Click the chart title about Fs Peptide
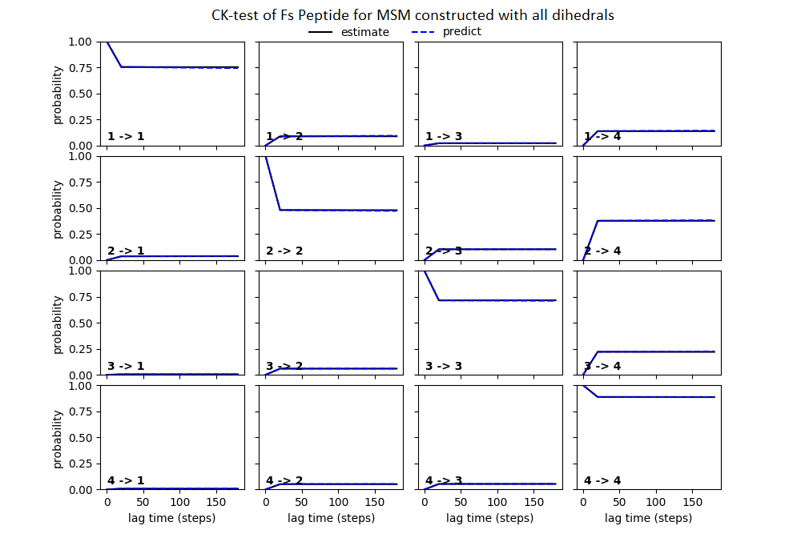[413, 15]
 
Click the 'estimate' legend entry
[364, 32]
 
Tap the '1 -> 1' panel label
[126, 136]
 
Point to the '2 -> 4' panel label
[602, 251]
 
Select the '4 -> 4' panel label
[602, 480]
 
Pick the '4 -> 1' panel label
[126, 480]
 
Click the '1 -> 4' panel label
[602, 136]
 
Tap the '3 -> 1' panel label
[126, 366]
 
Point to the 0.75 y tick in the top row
[83, 67]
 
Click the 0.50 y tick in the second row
[83, 208]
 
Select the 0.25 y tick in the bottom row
[83, 464]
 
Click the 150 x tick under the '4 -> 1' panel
[216, 502]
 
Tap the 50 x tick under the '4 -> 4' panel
[620, 502]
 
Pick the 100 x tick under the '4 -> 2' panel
[338, 502]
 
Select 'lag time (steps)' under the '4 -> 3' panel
[489, 518]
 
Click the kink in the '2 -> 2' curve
[280, 210]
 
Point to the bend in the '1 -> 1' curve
[121, 66]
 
